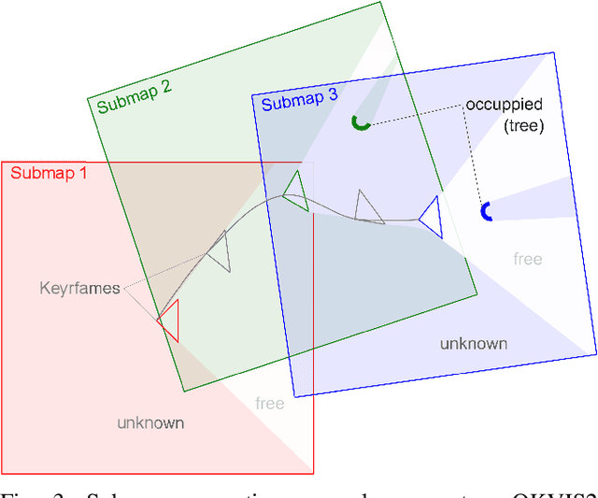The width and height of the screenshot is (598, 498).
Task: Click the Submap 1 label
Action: coord(49,172)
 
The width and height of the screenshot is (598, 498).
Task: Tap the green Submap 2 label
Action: coord(134,96)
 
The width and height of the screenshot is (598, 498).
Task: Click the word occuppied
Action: coord(504,104)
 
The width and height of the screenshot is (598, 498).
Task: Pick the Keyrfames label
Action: coord(79,288)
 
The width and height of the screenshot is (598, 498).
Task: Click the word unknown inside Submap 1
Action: coord(150,422)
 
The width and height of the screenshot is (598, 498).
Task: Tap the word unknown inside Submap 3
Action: coord(474,343)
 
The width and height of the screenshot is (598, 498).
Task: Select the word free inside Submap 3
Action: coord(528,259)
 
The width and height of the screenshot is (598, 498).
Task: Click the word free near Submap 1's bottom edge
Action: coord(270,404)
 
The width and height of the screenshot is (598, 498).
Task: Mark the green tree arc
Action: coord(360,121)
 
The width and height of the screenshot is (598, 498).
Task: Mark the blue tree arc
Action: coord(486,212)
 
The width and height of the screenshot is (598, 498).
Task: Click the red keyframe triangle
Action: coord(169,320)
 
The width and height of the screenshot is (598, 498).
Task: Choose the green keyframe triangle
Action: coord(295,191)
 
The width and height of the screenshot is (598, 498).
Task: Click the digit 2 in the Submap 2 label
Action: coord(166,89)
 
